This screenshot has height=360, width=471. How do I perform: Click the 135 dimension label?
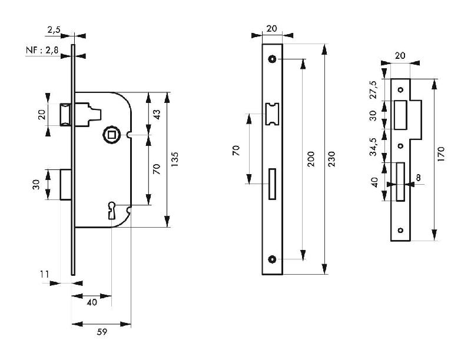(x=175, y=160)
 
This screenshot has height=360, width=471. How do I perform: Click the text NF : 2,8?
(x=42, y=52)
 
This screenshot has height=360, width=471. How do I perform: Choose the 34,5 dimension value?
(x=372, y=146)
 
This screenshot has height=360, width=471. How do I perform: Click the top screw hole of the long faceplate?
(x=273, y=59)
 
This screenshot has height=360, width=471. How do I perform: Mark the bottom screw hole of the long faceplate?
(x=273, y=259)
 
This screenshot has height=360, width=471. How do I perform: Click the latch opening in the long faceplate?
(x=273, y=114)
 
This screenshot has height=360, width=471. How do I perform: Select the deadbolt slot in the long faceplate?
(x=272, y=183)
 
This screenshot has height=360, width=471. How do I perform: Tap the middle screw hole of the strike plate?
(x=400, y=146)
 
